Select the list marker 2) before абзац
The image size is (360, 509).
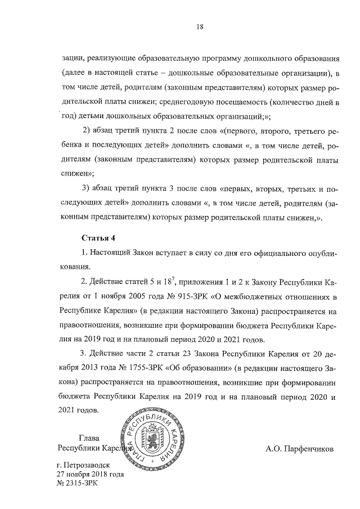87,132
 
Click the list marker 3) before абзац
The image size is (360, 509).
87,188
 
